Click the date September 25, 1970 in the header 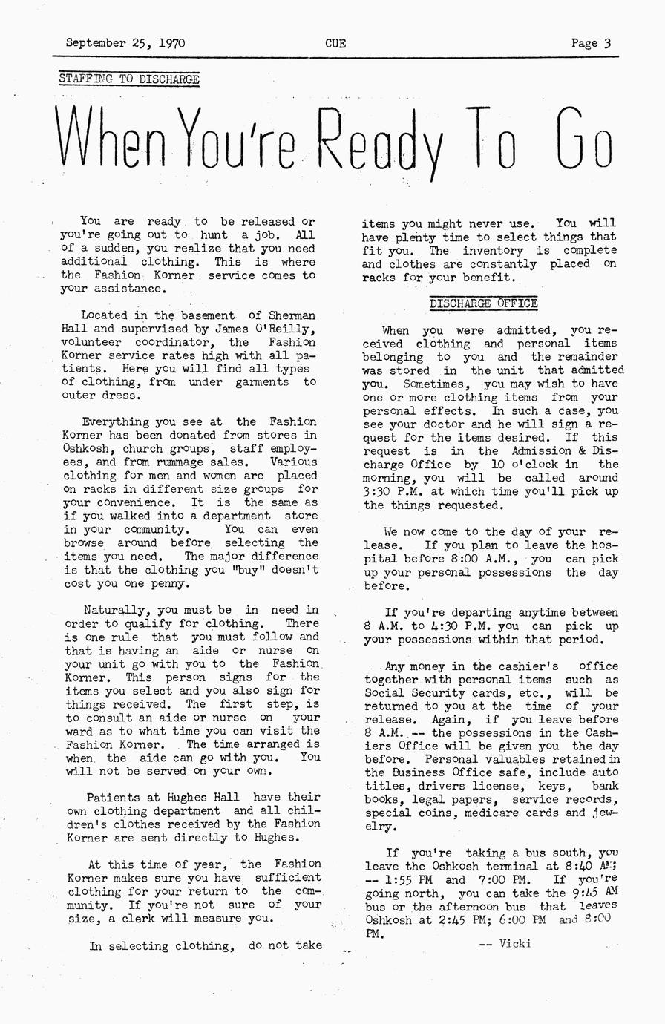coord(125,43)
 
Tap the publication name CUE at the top coord(335,43)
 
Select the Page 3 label coord(591,43)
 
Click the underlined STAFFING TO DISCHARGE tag coord(128,79)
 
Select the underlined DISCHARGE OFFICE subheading coord(483,303)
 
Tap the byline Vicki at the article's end coord(515,944)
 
